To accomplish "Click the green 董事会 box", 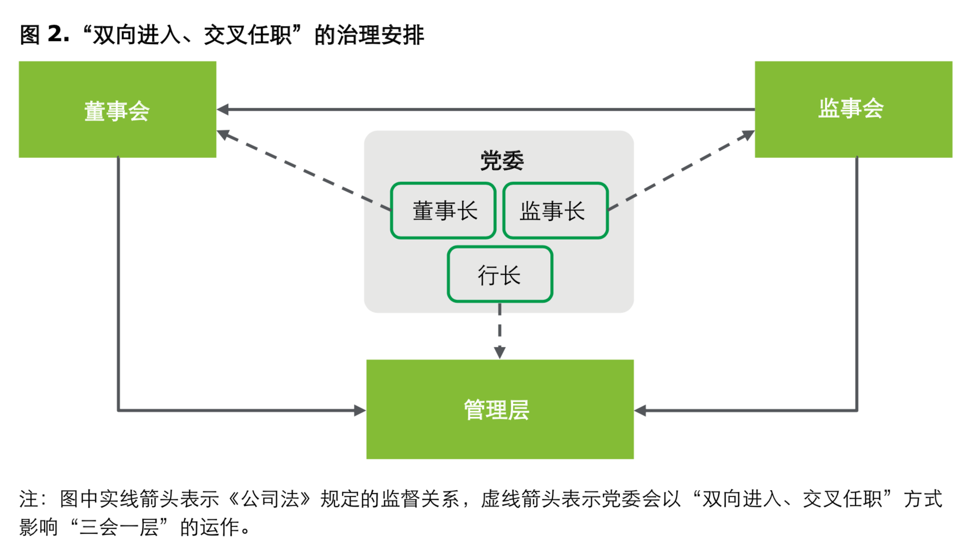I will click(117, 110).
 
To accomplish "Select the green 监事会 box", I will click(853, 109).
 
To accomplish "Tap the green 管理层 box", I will click(499, 409).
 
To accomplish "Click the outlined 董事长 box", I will click(444, 211).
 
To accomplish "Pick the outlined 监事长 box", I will click(555, 211).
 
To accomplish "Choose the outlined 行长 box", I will click(499, 274).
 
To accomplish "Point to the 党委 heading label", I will click(501, 160).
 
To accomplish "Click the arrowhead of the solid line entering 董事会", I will click(223, 109).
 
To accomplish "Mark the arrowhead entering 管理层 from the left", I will click(360, 410).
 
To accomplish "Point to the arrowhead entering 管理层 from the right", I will click(640, 410).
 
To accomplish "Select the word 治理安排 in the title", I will click(381, 35).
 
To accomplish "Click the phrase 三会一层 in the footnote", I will click(119, 527).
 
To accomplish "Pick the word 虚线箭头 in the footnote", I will click(520, 499).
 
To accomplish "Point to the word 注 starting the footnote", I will click(29, 499).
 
